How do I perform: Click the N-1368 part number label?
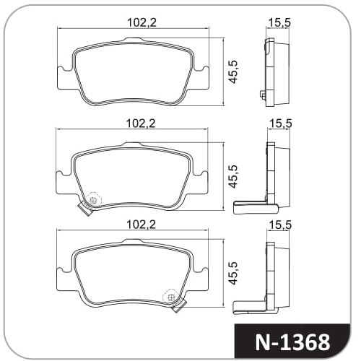tap(292, 342)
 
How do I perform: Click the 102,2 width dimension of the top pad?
tap(142, 22)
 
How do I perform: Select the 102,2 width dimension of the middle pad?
tap(141, 123)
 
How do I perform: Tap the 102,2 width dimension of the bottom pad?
tap(141, 225)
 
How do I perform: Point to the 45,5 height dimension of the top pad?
tap(233, 72)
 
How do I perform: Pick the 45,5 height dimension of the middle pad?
tap(233, 176)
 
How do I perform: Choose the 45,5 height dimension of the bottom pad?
tap(233, 273)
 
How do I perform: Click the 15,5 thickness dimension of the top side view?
tap(279, 22)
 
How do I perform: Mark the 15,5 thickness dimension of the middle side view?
tap(280, 123)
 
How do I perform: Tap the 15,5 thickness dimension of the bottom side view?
tap(280, 225)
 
